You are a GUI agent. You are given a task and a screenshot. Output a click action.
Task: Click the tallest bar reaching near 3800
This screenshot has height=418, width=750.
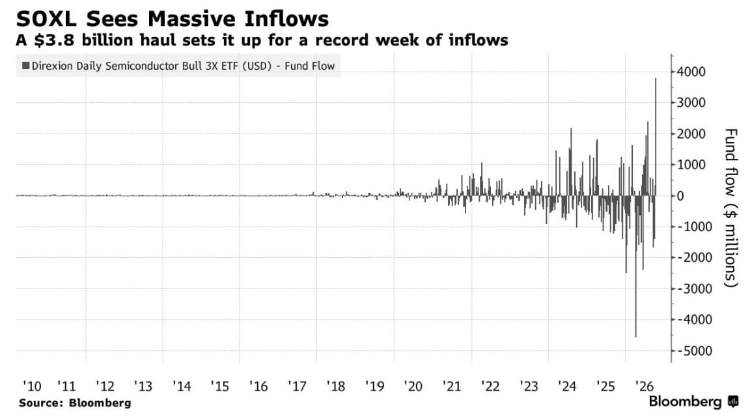pos(656,137)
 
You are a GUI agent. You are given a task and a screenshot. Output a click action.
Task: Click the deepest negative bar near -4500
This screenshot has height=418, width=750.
pos(635,266)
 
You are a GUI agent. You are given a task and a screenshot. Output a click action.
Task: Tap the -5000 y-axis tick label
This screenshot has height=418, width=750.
pos(691,351)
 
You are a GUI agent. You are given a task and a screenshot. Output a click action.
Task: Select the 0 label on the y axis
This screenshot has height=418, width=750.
pos(680,196)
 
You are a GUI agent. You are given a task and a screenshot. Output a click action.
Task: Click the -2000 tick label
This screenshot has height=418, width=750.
pos(691,258)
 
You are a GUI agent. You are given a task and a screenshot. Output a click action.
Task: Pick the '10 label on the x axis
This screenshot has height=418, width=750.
pos(32,386)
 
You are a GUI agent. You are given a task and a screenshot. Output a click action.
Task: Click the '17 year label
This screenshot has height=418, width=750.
pos(297,386)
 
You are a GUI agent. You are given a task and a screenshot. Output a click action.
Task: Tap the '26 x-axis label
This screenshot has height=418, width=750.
pos(644,386)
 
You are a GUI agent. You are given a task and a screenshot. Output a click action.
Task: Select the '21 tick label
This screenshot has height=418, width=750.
pos(452,386)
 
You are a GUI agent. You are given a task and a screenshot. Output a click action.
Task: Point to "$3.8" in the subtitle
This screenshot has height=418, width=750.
pos(55,40)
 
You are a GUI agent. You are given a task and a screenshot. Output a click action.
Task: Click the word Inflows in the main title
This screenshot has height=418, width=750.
pos(286,19)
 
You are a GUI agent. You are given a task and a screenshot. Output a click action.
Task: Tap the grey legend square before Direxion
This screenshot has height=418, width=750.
pos(26,66)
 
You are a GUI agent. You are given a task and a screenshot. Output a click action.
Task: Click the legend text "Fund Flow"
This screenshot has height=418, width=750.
pos(309,66)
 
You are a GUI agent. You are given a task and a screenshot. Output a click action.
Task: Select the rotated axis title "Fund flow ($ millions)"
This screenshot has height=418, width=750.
pos(730,208)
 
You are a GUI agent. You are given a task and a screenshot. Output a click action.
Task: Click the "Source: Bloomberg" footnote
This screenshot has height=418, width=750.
pos(75,402)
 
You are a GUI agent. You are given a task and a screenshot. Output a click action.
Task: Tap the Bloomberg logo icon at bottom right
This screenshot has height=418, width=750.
pos(733,402)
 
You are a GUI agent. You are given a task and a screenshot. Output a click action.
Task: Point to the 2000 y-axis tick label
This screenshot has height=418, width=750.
pos(691,134)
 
